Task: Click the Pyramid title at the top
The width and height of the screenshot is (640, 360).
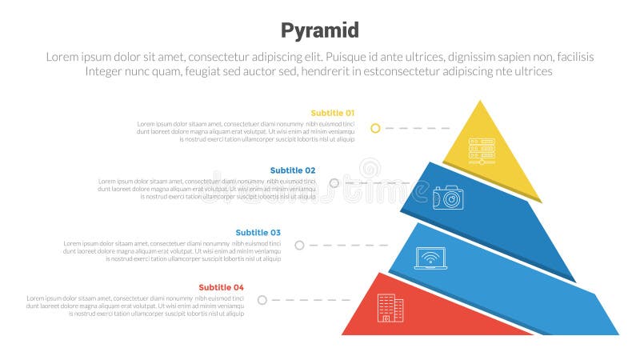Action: [x=320, y=30]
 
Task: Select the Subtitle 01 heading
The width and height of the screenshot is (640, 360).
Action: [x=332, y=113]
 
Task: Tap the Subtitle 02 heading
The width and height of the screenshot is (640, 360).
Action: [x=293, y=170]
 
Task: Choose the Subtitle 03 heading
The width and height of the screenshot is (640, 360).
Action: [x=258, y=233]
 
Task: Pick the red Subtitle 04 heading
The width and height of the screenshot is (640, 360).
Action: [x=222, y=287]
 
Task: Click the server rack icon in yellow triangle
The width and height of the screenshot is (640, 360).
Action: [x=482, y=151]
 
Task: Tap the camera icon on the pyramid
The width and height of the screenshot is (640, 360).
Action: [x=448, y=198]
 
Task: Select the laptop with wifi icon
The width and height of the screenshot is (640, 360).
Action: [x=430, y=258]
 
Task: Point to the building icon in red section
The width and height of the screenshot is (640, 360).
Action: [x=390, y=308]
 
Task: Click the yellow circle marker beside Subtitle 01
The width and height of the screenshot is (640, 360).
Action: [x=375, y=128]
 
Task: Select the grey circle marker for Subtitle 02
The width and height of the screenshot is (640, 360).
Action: [x=334, y=182]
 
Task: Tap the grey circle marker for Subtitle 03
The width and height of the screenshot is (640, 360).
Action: [x=299, y=245]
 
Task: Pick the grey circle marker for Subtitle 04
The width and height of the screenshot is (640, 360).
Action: [x=262, y=300]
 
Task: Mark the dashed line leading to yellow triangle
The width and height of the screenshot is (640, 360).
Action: [x=416, y=128]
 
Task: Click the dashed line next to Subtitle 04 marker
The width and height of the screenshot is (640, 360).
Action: [x=304, y=300]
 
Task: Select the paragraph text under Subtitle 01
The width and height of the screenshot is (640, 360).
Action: [x=246, y=131]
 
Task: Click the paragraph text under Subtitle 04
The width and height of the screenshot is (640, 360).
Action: [x=135, y=306]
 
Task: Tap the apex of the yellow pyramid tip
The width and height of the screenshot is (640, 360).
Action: [x=480, y=102]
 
